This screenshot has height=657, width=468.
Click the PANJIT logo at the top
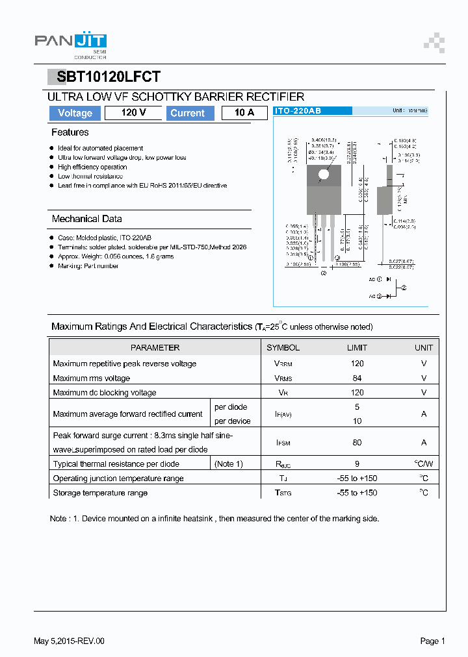(70, 42)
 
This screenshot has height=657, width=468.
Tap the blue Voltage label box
(75, 113)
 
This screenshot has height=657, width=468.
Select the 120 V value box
(133, 113)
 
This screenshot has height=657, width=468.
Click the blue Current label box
(187, 113)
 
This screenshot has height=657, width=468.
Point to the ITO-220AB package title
(298, 111)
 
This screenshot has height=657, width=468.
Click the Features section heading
(70, 132)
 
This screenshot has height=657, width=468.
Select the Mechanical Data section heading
(86, 219)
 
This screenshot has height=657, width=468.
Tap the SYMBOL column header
(283, 347)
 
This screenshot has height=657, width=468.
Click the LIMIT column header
(357, 347)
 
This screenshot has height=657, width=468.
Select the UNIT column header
(424, 347)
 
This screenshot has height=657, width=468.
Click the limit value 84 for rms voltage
(357, 378)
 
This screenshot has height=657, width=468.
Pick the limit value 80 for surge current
(357, 442)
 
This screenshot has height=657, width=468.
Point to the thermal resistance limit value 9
(357, 464)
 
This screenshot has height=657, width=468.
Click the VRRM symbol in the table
(283, 364)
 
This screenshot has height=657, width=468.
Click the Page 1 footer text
(432, 641)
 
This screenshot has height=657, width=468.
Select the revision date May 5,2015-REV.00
(69, 641)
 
